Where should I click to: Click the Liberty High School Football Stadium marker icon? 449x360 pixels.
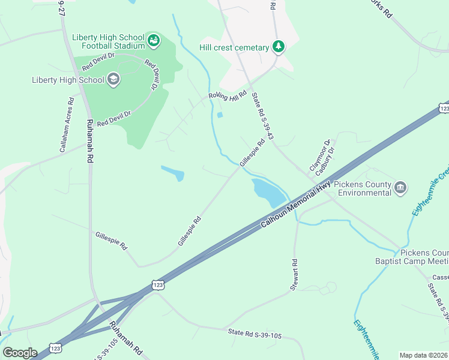click(x=154, y=41)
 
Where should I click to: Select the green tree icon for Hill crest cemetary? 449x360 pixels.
click(x=278, y=46)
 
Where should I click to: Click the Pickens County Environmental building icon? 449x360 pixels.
click(x=400, y=188)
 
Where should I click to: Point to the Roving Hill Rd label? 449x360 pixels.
click(x=228, y=95)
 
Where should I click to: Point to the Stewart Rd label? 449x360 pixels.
click(x=294, y=275)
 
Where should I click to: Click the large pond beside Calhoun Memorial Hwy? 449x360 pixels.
click(x=269, y=192)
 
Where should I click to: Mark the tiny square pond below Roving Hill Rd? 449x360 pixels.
click(x=219, y=115)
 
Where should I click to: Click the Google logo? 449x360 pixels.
click(x=20, y=352)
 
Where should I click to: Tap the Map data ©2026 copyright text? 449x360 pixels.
click(x=424, y=355)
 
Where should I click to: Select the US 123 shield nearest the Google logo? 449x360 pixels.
click(x=55, y=347)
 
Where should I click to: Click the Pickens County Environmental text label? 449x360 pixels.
click(x=363, y=188)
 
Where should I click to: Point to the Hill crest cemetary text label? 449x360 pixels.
click(x=235, y=47)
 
